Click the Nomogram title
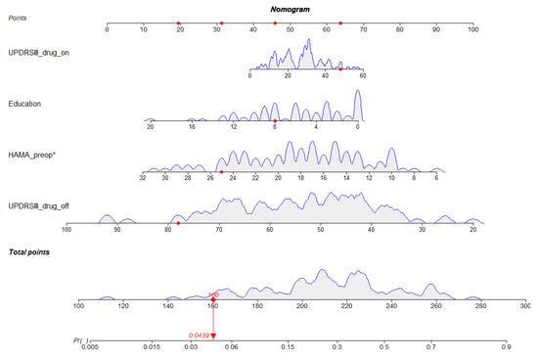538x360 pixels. point(289,8)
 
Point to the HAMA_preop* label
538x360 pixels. point(33,155)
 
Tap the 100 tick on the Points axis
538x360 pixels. point(473,29)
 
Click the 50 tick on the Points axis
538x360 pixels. point(291,29)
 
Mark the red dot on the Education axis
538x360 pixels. point(275,120)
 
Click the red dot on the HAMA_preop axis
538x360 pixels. point(221,171)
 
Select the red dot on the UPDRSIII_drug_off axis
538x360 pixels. point(178,223)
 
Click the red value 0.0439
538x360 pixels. point(201,335)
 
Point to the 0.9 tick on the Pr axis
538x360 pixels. point(506,345)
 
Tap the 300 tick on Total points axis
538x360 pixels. point(525,306)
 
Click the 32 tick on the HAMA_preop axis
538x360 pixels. point(143,177)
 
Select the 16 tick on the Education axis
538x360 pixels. point(192,126)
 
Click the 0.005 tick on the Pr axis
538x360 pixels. point(91,345)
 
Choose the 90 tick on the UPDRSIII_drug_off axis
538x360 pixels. point(117,229)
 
